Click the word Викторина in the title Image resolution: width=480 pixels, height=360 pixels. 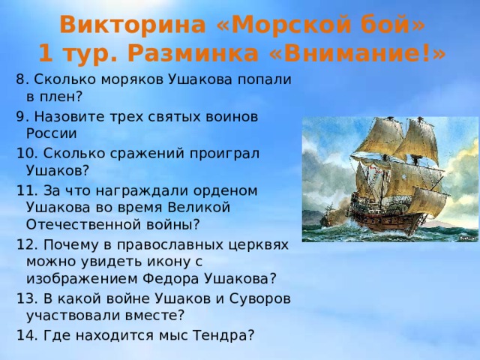tap(133, 25)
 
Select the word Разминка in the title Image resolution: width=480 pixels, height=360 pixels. tap(193, 54)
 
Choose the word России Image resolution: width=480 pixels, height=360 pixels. tap(52, 133)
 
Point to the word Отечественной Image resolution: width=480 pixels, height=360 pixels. tap(82, 225)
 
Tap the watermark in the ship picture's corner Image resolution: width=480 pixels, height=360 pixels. tap(468, 237)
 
